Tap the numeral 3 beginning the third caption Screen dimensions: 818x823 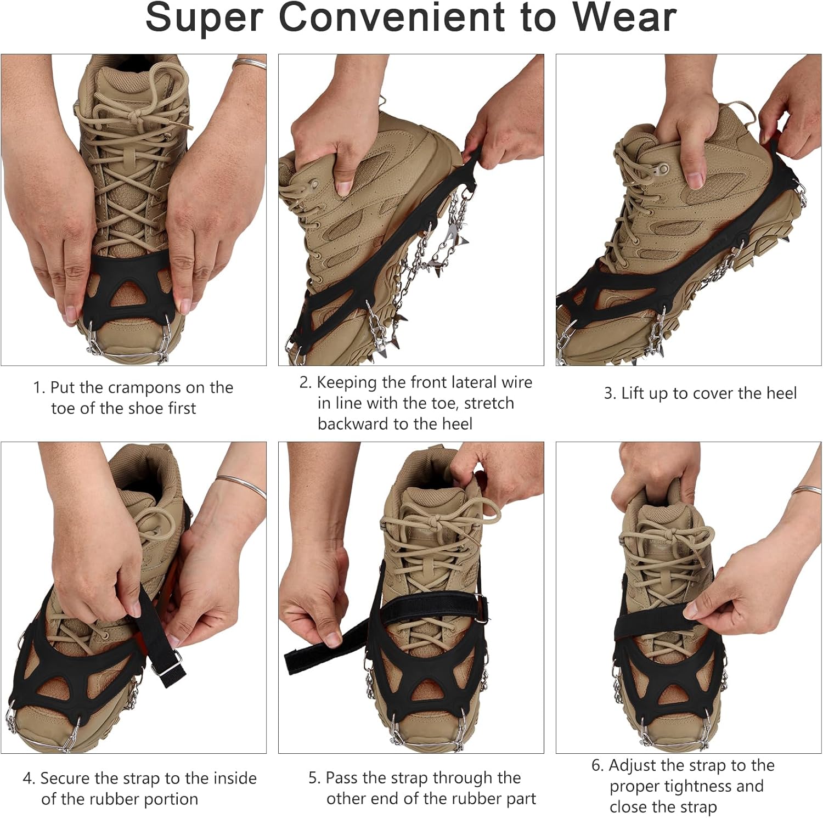(x=608, y=393)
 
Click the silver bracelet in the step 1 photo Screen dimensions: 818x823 (x=250, y=63)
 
